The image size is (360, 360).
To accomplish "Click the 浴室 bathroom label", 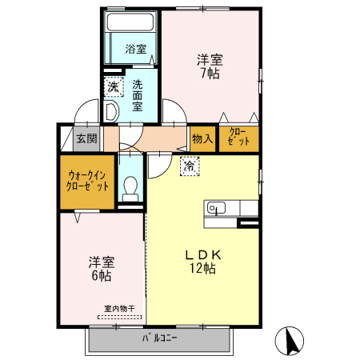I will pyautogui.click(x=135, y=50).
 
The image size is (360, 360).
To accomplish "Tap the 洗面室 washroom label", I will pyautogui.click(x=138, y=94).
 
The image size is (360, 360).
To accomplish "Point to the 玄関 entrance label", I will pyautogui.click(x=86, y=138).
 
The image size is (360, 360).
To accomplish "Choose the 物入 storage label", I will pyautogui.click(x=202, y=138).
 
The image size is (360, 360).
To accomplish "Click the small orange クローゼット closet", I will pyautogui.click(x=239, y=138).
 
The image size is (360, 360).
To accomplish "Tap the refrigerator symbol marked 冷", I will pyautogui.click(x=190, y=167).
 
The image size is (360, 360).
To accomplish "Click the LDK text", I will pyautogui.click(x=203, y=254).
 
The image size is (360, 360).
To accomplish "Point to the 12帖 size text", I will pyautogui.click(x=203, y=270).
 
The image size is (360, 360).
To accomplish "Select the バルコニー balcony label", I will pyautogui.click(x=160, y=338).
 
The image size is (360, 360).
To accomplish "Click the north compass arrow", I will pyautogui.click(x=290, y=342).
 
